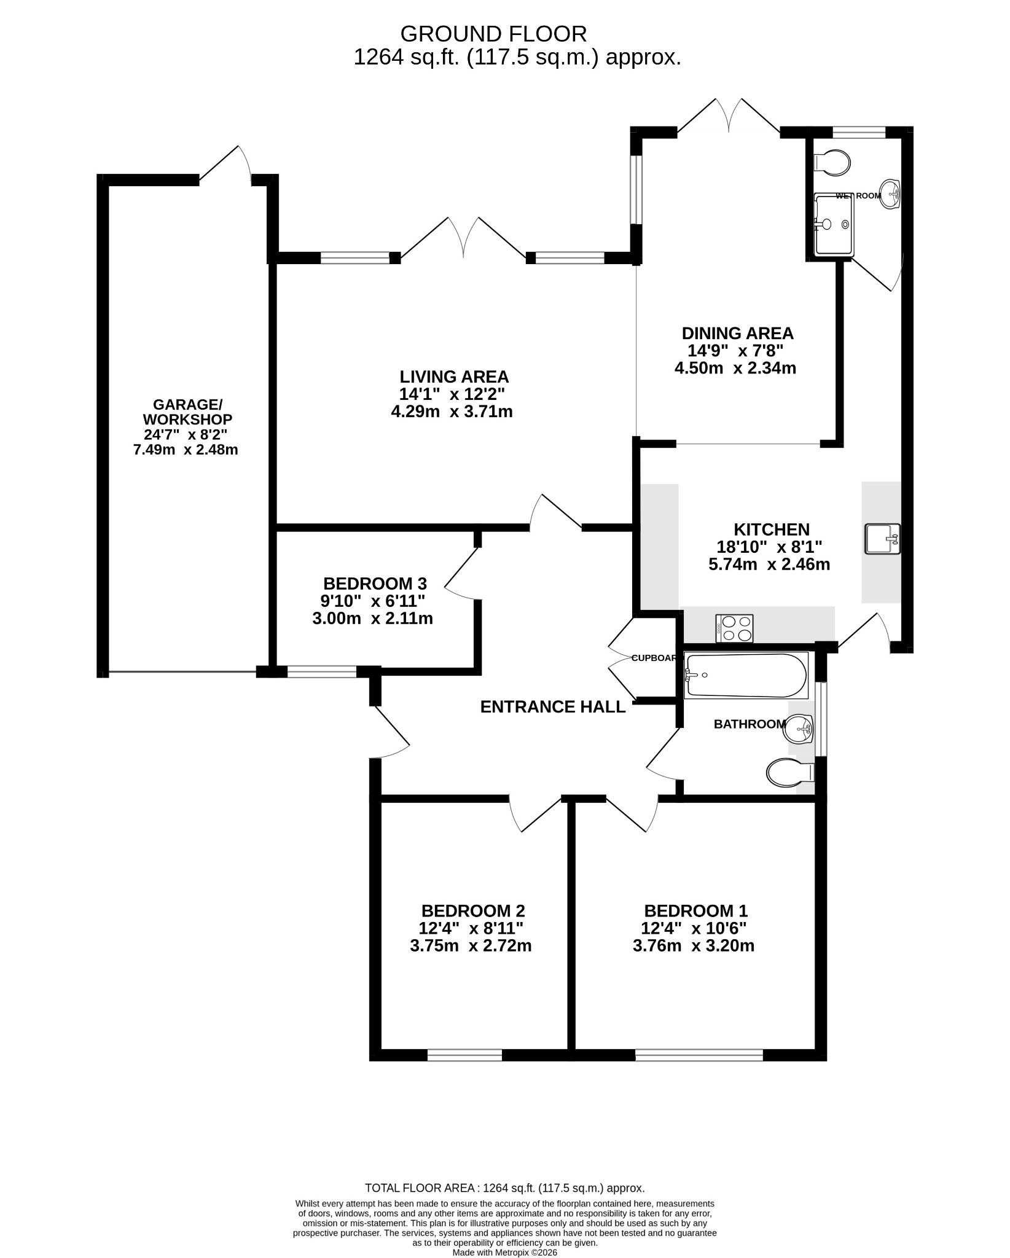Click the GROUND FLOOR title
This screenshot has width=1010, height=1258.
point(493,33)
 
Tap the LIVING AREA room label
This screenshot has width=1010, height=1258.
point(454,377)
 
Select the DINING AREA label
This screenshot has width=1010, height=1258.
point(737,334)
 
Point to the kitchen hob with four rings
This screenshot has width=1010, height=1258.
point(734,628)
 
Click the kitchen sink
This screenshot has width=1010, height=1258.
point(882,539)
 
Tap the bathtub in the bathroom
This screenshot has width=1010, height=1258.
point(746,676)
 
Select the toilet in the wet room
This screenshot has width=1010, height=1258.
point(832,163)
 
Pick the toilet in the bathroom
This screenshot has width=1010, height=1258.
point(791,773)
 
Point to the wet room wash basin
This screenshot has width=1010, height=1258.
point(889,194)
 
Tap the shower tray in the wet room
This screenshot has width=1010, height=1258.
point(834,224)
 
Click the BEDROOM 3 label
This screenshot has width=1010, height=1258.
point(375,583)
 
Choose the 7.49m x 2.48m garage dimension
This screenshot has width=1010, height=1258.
point(186,450)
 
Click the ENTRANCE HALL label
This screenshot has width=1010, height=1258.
point(552,707)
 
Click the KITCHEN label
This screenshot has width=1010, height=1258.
point(772,529)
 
